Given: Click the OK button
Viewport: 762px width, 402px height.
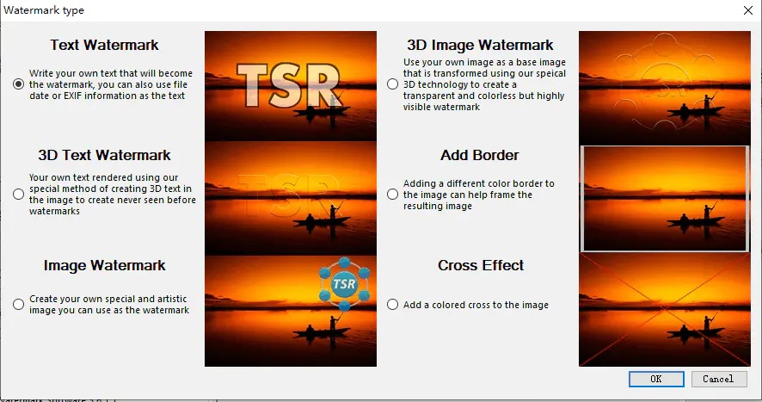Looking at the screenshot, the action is click(x=656, y=379).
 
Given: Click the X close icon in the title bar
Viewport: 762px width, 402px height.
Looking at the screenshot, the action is click(x=748, y=10).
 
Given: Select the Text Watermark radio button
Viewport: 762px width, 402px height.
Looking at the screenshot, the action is click(x=18, y=84).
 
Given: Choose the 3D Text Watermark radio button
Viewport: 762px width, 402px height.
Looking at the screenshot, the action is click(x=18, y=195).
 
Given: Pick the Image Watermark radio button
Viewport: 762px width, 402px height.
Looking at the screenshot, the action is click(x=18, y=304).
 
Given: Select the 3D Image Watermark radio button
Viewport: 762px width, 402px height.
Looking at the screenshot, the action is click(x=393, y=84).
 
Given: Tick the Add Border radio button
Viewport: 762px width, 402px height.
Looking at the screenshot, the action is click(x=393, y=195).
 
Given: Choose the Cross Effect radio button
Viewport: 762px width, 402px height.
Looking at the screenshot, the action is click(x=393, y=304).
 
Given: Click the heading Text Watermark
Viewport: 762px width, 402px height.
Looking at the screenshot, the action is click(x=104, y=45).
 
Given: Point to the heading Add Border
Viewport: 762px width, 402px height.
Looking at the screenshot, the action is click(x=480, y=155).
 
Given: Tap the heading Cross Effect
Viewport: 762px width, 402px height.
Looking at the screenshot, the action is click(x=481, y=265).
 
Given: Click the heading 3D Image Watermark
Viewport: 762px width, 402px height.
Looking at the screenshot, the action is click(x=480, y=45).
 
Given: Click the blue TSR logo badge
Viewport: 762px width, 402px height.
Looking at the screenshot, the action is click(x=344, y=284).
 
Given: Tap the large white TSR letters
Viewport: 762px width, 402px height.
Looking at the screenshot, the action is click(x=289, y=86).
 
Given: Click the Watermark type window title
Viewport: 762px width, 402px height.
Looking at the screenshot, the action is click(x=44, y=10).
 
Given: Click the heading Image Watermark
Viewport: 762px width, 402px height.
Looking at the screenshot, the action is click(x=104, y=265).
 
